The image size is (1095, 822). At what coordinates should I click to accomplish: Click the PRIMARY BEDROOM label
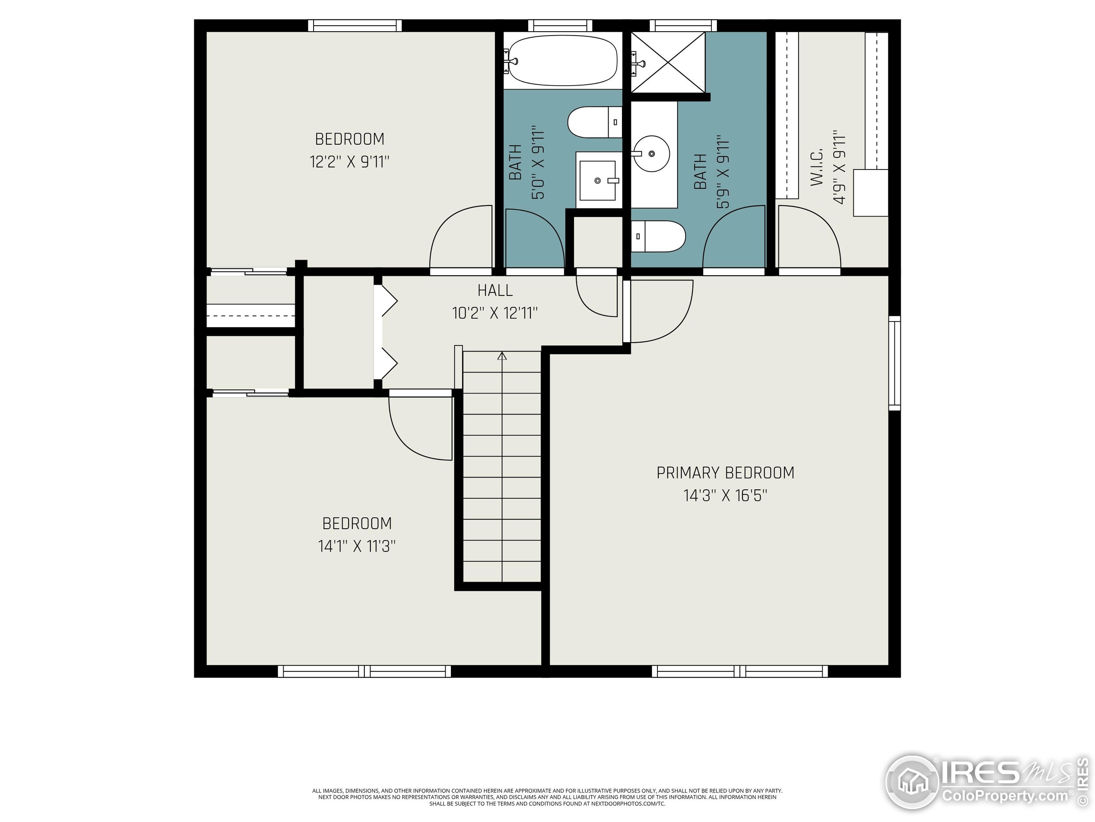(725, 473)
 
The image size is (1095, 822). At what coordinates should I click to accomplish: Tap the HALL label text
(494, 290)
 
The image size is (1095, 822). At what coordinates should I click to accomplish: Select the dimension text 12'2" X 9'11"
(349, 162)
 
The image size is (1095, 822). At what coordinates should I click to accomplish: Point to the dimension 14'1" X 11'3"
(356, 546)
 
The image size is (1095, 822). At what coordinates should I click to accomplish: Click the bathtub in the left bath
(563, 61)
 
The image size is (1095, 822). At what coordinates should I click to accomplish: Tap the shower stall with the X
(668, 62)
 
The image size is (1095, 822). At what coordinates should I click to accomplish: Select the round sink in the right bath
(652, 154)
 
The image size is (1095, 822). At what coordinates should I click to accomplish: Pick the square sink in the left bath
(598, 181)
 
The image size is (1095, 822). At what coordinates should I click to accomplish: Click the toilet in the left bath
(594, 122)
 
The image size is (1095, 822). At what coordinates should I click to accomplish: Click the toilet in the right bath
(658, 236)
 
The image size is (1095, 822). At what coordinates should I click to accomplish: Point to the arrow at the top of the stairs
(502, 355)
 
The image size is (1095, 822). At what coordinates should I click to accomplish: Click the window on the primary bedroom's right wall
(894, 363)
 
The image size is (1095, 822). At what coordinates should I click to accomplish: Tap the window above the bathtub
(560, 25)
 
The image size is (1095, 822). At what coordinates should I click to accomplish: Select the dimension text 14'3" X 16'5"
(725, 495)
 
